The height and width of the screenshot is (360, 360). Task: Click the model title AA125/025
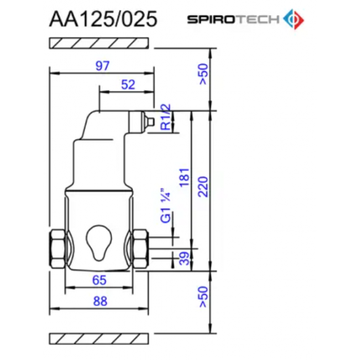pos(103,19)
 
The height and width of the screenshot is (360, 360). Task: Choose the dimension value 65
pos(99,280)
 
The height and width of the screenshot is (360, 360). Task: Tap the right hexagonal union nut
pos(141,249)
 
